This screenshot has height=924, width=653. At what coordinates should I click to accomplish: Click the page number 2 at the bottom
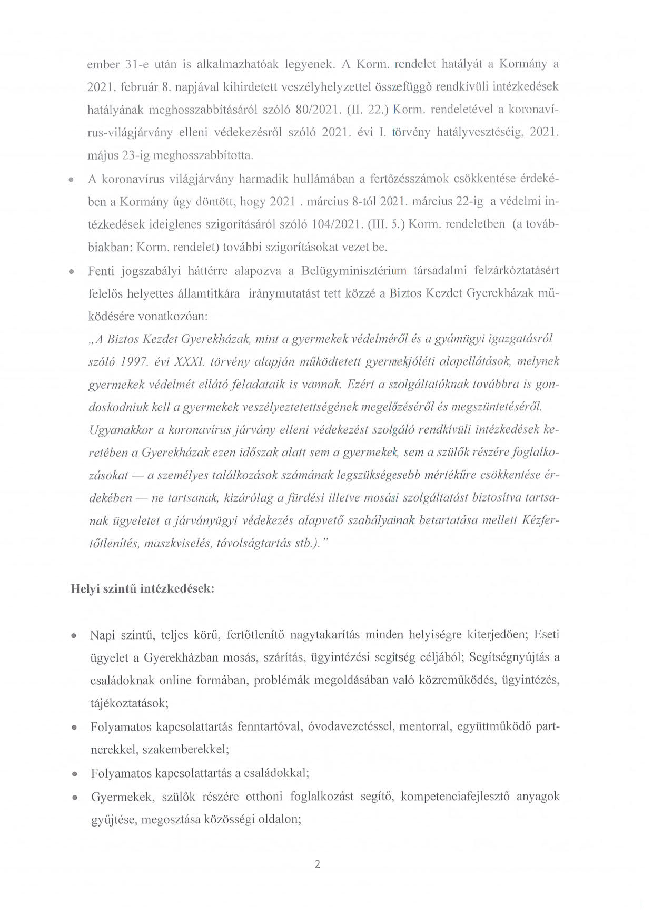(317, 864)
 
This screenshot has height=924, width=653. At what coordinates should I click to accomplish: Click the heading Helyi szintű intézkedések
(142, 588)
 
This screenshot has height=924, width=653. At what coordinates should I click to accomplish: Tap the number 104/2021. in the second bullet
(336, 224)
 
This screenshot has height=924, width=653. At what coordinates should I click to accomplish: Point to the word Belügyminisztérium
(354, 271)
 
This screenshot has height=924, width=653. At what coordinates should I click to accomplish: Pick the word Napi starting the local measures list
(103, 635)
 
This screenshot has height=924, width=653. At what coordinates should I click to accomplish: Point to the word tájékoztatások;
(130, 703)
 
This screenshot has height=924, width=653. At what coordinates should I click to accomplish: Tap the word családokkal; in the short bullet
(275, 773)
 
